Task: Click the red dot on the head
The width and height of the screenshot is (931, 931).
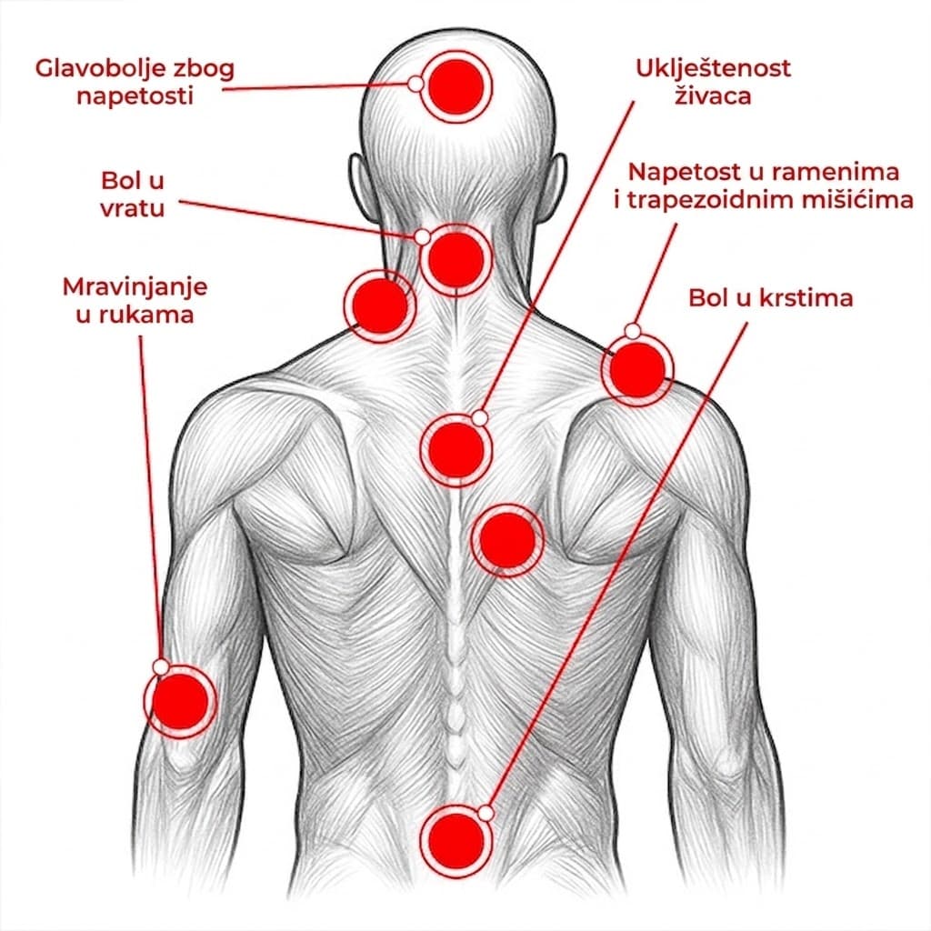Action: coord(456,86)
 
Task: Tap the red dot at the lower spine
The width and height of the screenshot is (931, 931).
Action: coord(456,841)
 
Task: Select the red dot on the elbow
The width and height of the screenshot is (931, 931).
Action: coord(180,701)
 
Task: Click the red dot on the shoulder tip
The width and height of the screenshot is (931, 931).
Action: coord(637,369)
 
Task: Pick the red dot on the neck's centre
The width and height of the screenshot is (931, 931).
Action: coord(456,259)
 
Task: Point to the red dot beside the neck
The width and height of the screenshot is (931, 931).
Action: coord(380,305)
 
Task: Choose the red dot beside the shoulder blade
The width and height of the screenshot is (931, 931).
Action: coord(507,540)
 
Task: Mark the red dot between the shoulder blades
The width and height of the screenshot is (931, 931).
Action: coord(456,451)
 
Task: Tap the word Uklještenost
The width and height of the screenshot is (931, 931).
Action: coord(713,69)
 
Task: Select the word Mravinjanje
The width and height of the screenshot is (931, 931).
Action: coord(135,288)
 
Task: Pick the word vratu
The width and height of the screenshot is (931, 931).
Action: coord(133,208)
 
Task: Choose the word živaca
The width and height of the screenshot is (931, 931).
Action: coord(713,95)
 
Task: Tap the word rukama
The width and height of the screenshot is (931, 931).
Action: coord(135,314)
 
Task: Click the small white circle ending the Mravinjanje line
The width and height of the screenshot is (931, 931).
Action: coord(160,666)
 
